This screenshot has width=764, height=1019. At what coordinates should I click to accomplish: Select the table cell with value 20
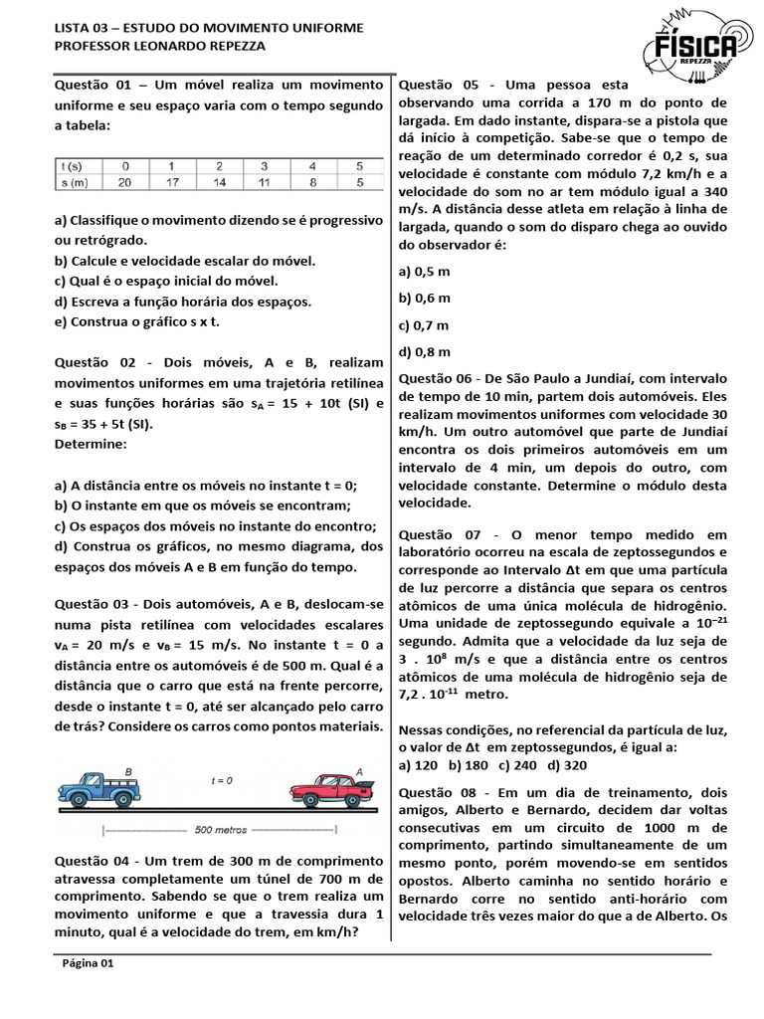[x=125, y=182]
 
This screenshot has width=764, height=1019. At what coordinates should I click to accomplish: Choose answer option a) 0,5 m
[x=424, y=271]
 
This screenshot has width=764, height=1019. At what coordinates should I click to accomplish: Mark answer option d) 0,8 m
[x=424, y=351]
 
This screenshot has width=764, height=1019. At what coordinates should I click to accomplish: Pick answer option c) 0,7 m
[x=424, y=324]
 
